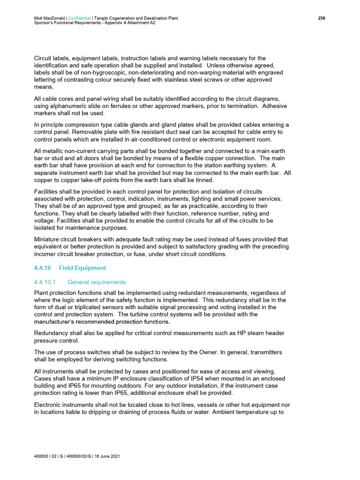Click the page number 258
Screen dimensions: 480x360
point(322,18)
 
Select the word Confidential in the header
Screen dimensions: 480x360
point(82,18)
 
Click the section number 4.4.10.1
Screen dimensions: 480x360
point(45,282)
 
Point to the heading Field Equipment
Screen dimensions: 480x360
point(82,268)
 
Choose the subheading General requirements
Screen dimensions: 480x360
point(97,282)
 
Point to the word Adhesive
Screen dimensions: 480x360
point(274,106)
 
